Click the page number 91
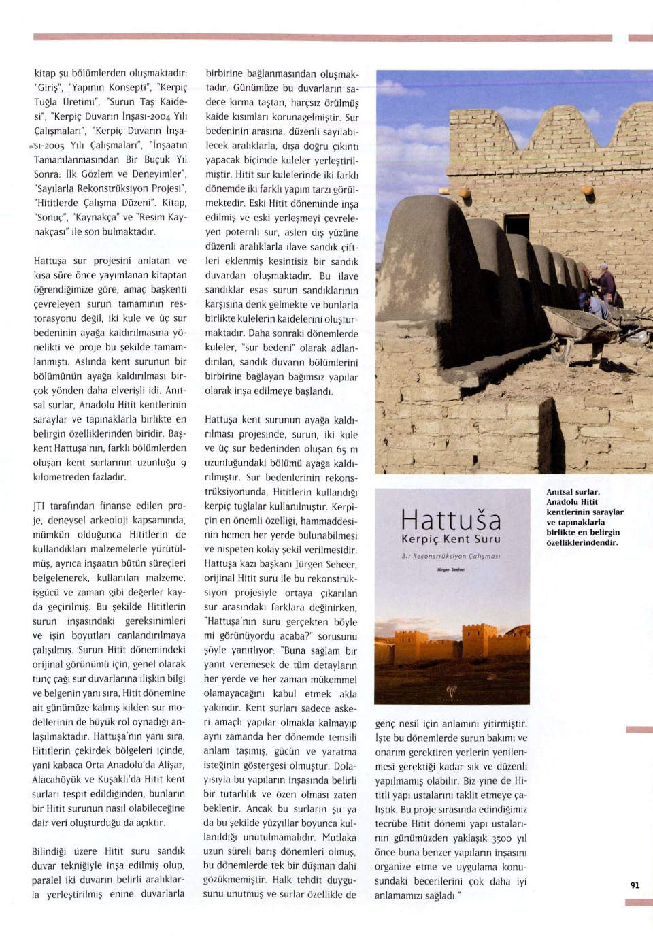coord(635,885)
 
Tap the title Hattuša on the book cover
coord(451,521)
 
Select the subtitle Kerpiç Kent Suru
coord(451,539)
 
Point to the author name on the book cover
coord(451,569)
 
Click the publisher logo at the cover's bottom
coord(451,691)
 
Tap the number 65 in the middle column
coord(341,449)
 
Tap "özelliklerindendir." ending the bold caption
coord(582,543)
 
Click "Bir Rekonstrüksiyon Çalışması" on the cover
coord(451,556)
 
